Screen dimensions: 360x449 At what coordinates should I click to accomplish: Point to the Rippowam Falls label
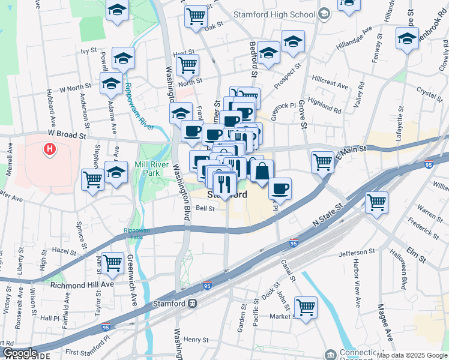tap(137, 233)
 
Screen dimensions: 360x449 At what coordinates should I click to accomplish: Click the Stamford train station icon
tap(193, 304)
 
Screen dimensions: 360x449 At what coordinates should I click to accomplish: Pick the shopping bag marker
tap(262, 171)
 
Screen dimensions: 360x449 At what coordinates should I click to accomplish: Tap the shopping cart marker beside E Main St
tap(322, 160)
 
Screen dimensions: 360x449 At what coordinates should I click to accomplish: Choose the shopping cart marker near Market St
tap(306, 307)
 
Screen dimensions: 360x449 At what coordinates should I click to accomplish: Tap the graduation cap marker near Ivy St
tap(123, 58)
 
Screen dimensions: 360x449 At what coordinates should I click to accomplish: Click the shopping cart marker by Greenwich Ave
tap(113, 262)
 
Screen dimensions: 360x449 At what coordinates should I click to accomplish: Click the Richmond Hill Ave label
tap(82, 284)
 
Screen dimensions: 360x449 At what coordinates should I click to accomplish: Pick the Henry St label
tap(196, 340)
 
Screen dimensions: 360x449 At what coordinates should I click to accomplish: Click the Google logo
tap(19, 353)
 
